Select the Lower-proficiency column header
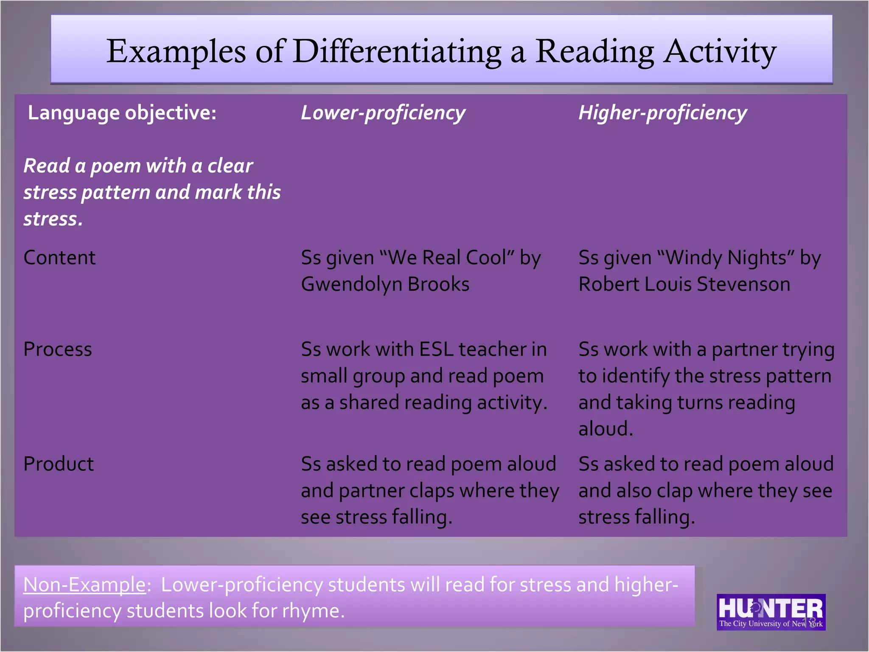click(383, 113)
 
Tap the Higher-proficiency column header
click(662, 113)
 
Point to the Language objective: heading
click(122, 113)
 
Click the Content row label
click(60, 258)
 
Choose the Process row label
click(58, 349)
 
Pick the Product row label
click(59, 464)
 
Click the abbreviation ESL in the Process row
click(436, 349)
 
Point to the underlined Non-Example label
click(84, 585)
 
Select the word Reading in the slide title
click(594, 52)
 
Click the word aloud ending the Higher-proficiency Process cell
click(605, 429)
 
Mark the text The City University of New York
click(771, 624)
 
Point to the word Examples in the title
click(176, 52)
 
